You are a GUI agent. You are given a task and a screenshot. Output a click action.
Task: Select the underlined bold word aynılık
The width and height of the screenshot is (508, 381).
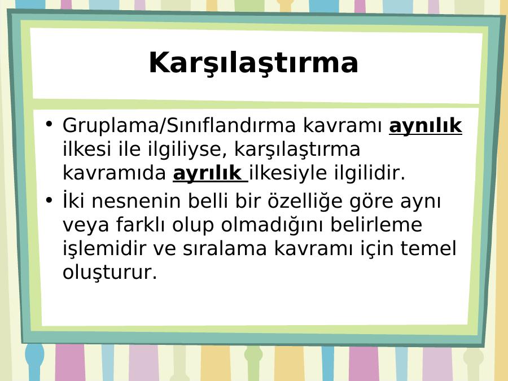tap(426, 126)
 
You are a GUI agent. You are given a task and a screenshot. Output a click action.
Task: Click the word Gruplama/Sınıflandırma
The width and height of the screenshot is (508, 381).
tap(179, 125)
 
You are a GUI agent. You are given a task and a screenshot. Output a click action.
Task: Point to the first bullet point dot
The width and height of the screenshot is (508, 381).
tap(49, 124)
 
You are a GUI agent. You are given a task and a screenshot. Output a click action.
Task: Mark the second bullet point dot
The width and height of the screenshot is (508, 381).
tap(49, 200)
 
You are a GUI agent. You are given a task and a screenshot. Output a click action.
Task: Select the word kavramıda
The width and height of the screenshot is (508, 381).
tap(114, 173)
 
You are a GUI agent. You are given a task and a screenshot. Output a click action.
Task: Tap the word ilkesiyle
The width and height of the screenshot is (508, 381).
tap(288, 173)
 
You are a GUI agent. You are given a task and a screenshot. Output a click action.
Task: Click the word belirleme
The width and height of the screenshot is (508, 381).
tap(376, 224)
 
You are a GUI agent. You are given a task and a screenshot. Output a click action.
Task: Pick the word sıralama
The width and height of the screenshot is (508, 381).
tap(225, 248)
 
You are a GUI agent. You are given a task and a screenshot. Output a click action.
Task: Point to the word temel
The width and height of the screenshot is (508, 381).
tap(428, 248)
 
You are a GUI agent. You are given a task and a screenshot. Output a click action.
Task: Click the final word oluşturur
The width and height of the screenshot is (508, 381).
tap(110, 272)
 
